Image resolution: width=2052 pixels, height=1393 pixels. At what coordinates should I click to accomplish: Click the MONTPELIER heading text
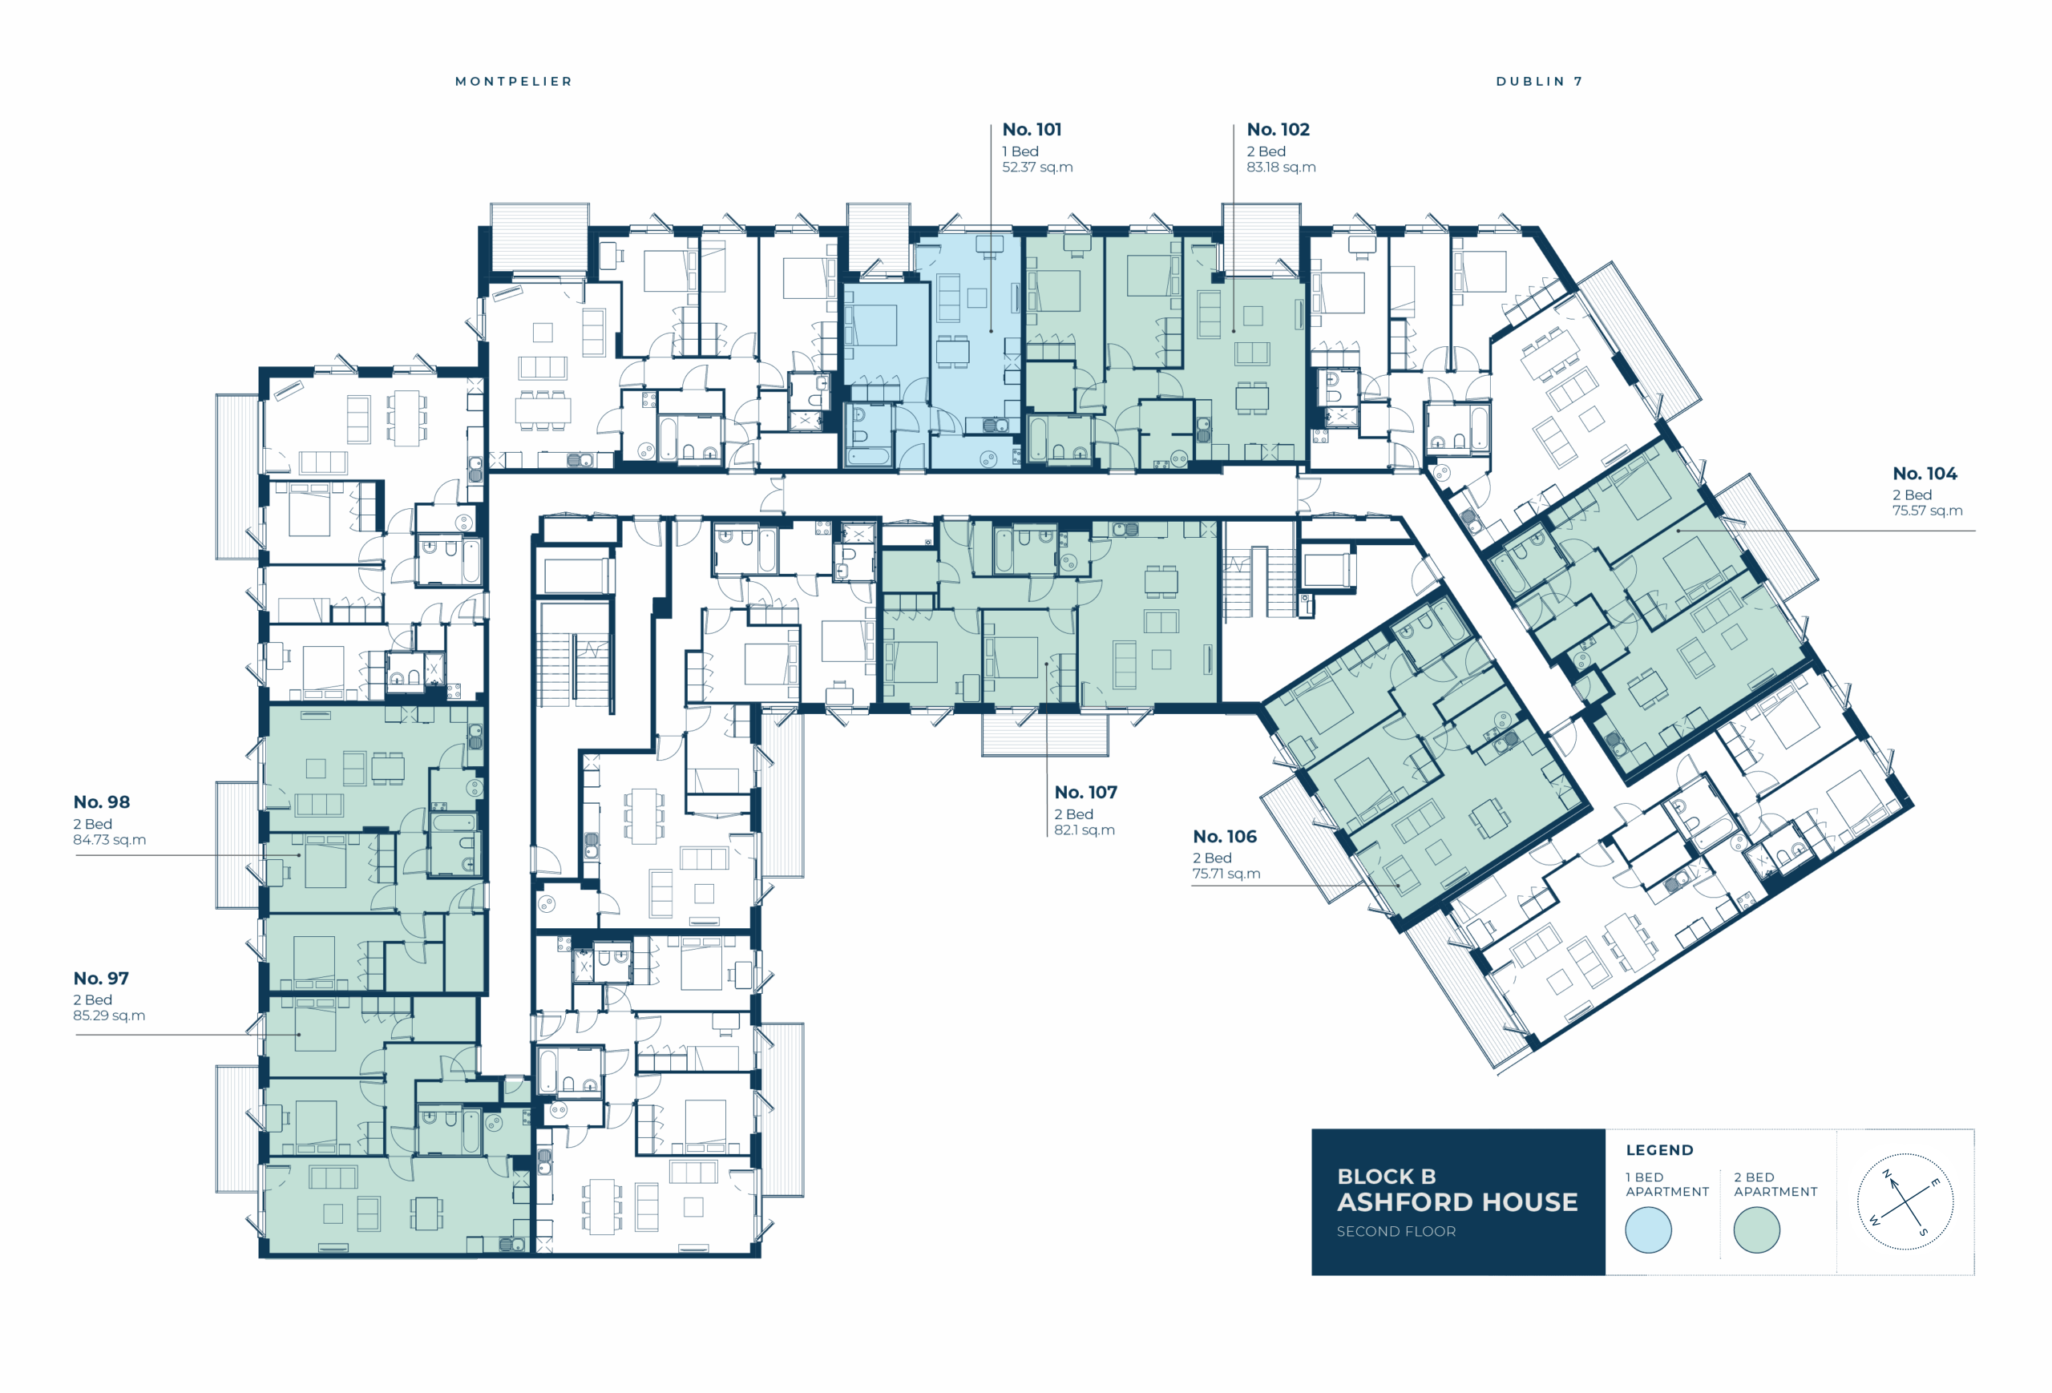click(x=514, y=81)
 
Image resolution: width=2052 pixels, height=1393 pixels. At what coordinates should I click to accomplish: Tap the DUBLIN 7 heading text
click(x=1539, y=81)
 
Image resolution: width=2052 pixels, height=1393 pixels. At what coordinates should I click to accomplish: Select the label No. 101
click(x=1032, y=130)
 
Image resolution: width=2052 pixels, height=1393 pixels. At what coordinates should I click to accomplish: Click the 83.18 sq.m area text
click(x=1280, y=167)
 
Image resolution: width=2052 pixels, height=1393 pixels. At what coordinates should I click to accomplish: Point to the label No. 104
click(x=1925, y=474)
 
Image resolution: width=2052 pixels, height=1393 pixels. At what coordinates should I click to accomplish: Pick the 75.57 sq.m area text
click(x=1927, y=511)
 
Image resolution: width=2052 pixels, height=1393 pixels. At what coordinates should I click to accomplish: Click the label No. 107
click(x=1085, y=793)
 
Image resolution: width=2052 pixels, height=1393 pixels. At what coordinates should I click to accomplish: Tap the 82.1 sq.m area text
click(x=1085, y=830)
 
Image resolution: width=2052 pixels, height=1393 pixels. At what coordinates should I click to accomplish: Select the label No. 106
click(x=1225, y=837)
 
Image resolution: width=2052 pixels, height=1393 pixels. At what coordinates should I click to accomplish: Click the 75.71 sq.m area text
click(x=1226, y=874)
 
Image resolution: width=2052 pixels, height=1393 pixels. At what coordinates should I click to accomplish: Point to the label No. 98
click(x=102, y=802)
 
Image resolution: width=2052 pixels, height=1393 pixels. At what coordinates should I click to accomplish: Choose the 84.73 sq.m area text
click(x=110, y=839)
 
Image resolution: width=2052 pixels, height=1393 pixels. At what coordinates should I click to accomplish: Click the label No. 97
click(x=101, y=978)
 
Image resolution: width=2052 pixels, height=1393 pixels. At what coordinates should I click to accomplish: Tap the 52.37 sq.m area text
click(x=1037, y=167)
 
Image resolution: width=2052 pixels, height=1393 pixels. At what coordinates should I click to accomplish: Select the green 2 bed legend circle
click(x=1756, y=1229)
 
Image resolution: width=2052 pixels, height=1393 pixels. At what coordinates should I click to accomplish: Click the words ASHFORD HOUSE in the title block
click(x=1457, y=1202)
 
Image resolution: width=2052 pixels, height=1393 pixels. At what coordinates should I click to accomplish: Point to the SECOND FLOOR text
click(x=1396, y=1231)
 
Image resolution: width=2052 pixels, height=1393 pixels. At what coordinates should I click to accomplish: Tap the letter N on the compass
click(x=1887, y=1174)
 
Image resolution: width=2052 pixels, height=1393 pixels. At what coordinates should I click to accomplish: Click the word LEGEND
click(x=1660, y=1150)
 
